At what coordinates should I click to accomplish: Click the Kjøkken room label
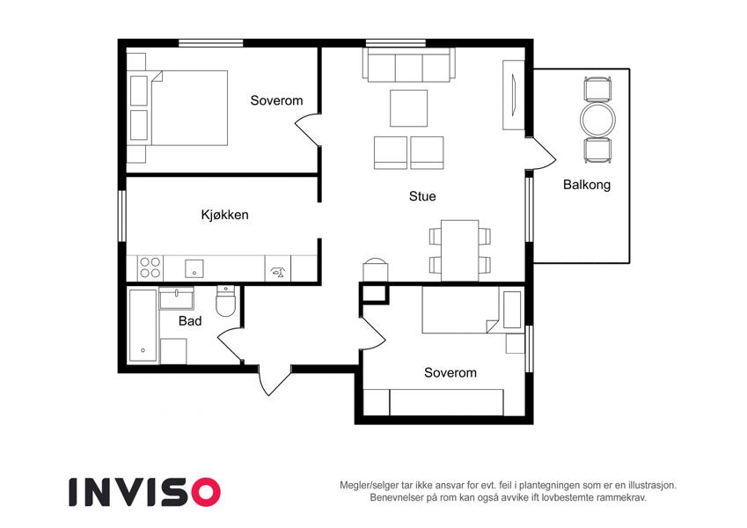(224, 215)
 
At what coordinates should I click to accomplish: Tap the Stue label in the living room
(422, 196)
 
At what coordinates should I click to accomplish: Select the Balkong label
(587, 185)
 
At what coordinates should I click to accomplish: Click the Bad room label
(189, 321)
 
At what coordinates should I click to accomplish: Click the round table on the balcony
(598, 120)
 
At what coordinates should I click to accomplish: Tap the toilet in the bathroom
(225, 301)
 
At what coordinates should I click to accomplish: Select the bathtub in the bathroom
(143, 325)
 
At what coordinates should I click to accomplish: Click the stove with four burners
(150, 268)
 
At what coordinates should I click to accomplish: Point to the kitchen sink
(194, 268)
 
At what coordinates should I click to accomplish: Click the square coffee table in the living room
(408, 108)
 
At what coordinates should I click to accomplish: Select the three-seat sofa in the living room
(409, 65)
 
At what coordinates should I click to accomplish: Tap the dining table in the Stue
(460, 251)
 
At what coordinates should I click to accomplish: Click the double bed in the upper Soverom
(189, 108)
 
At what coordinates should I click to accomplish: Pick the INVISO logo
(144, 492)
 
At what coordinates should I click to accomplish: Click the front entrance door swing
(275, 380)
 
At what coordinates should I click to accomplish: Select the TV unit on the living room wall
(514, 95)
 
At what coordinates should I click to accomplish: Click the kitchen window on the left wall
(122, 216)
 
